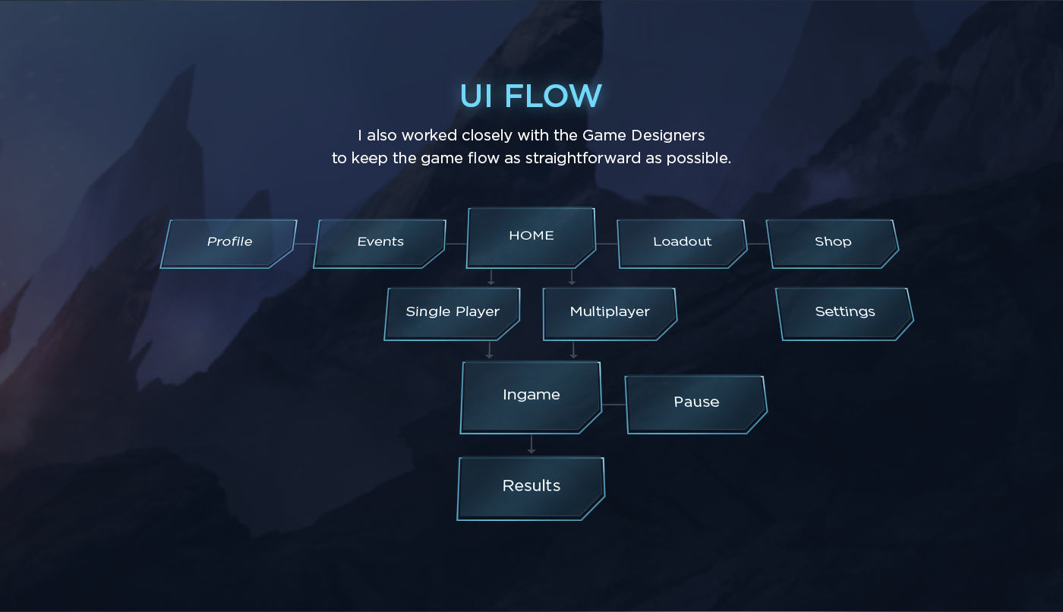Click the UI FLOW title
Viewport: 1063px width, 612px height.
click(531, 96)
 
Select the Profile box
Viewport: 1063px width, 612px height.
click(229, 244)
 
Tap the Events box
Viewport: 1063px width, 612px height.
click(380, 244)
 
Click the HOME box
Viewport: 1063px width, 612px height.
click(531, 238)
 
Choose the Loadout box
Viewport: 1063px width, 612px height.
click(682, 244)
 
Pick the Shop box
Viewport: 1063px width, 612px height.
click(833, 244)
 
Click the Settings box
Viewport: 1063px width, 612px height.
click(844, 314)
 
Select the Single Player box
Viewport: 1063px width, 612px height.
click(453, 314)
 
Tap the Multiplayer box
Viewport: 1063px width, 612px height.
click(610, 314)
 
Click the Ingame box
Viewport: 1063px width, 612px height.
click(531, 398)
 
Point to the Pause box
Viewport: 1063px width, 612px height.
click(696, 405)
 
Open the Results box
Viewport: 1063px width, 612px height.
click(531, 489)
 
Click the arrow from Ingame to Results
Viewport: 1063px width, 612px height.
click(531, 444)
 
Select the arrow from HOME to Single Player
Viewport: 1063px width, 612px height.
click(491, 277)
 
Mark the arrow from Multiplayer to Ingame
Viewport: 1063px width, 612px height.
click(573, 350)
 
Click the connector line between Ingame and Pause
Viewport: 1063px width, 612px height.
click(614, 405)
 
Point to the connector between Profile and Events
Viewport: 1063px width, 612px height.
click(304, 244)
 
